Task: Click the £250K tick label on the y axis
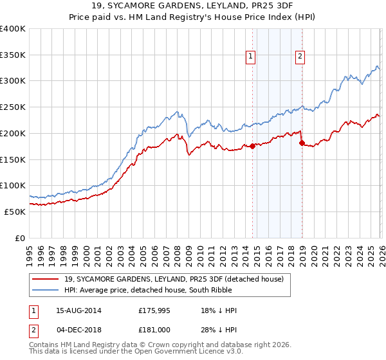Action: (13, 107)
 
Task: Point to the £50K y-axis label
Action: (15, 212)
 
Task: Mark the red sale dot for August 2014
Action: (252, 146)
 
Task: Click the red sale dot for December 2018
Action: (301, 143)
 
